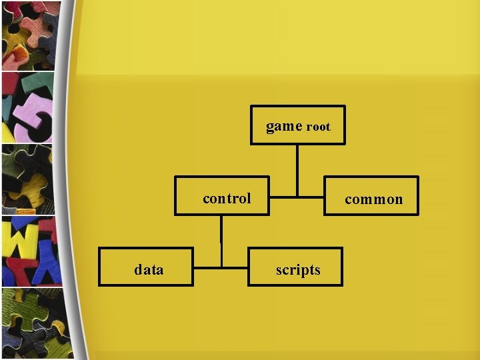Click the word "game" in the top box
tap(284, 126)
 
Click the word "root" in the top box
tap(318, 127)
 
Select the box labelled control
tap(222, 195)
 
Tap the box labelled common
tap(371, 196)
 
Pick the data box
tap(146, 267)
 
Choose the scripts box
tap(295, 267)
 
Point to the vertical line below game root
tap(297, 169)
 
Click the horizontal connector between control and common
tap(297, 197)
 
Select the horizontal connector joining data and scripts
tap(221, 268)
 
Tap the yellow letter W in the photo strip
tap(20, 239)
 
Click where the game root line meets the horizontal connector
tap(297, 197)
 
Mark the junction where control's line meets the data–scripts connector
tap(221, 268)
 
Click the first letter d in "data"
tap(138, 269)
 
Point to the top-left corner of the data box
tap(99, 248)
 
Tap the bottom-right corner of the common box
tap(417, 214)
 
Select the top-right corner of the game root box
tap(344, 106)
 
